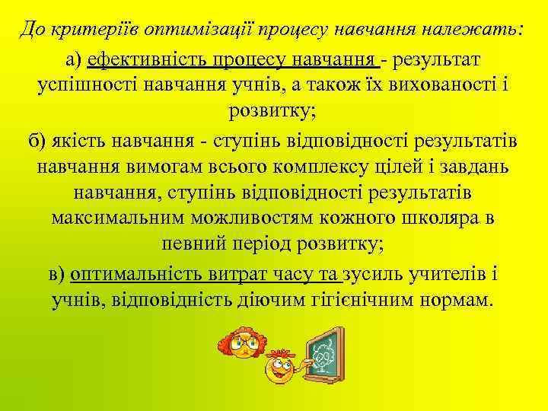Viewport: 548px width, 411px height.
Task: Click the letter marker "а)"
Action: (x=74, y=59)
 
